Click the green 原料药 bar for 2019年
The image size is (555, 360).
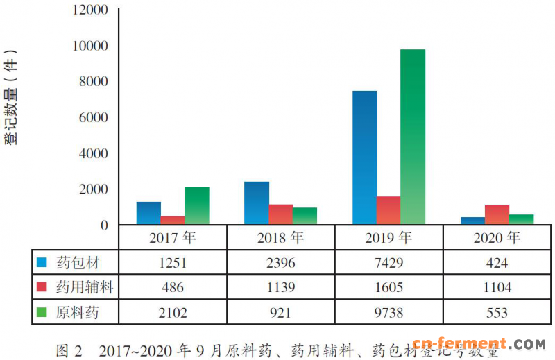click(x=413, y=137)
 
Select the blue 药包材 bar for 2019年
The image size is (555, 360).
click(x=364, y=157)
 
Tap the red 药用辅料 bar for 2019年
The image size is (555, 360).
click(x=388, y=210)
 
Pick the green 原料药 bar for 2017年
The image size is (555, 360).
click(x=197, y=205)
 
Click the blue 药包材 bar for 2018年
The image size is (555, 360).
click(x=257, y=203)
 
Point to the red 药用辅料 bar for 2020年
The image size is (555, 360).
click(x=497, y=214)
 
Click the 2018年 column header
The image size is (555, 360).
click(x=280, y=239)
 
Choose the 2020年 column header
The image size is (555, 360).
click(x=497, y=239)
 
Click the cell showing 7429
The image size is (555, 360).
click(x=388, y=263)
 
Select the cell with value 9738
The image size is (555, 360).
click(x=388, y=312)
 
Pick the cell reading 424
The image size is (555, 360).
click(x=497, y=263)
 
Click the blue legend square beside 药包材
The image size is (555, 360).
click(x=42, y=263)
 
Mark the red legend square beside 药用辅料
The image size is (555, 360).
click(x=42, y=287)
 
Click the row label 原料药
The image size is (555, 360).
click(x=77, y=312)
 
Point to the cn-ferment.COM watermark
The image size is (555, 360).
click(x=479, y=344)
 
